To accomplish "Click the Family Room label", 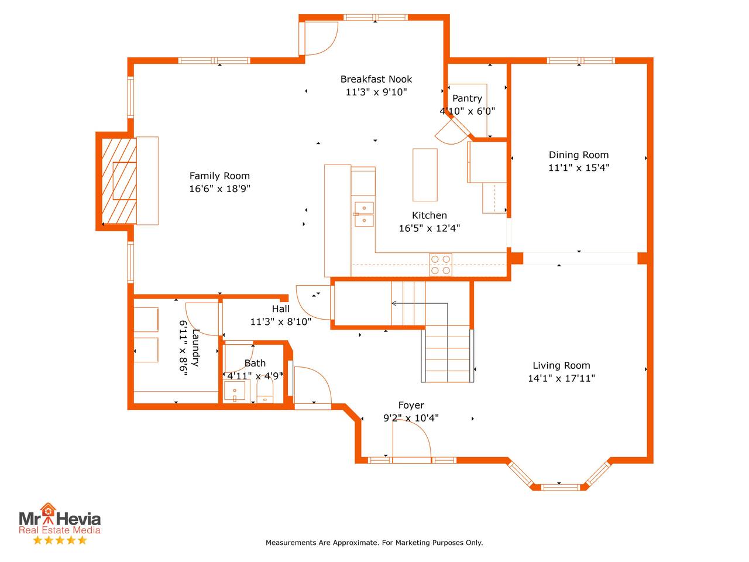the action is pyautogui.click(x=219, y=176).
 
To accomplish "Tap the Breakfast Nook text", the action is pyautogui.click(x=376, y=79).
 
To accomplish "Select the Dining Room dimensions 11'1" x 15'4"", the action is pyautogui.click(x=579, y=167).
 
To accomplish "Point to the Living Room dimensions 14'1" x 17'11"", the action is pyautogui.click(x=561, y=378).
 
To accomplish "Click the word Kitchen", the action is pyautogui.click(x=430, y=215).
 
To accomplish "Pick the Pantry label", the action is pyautogui.click(x=467, y=98).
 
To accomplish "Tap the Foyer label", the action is pyautogui.click(x=411, y=405).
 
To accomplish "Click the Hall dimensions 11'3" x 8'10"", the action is pyautogui.click(x=281, y=321).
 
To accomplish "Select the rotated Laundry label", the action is pyautogui.click(x=195, y=348).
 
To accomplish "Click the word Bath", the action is pyautogui.click(x=255, y=363).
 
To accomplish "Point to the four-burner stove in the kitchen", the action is pyautogui.click(x=441, y=265).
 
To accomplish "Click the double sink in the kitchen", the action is pyautogui.click(x=364, y=214).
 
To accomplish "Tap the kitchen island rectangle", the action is pyautogui.click(x=425, y=174).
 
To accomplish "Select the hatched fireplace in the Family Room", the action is pyautogui.click(x=119, y=181).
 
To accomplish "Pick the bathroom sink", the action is pyautogui.click(x=235, y=390).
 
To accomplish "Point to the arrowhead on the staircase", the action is pyautogui.click(x=394, y=303).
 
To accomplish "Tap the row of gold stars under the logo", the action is pyautogui.click(x=60, y=540).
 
